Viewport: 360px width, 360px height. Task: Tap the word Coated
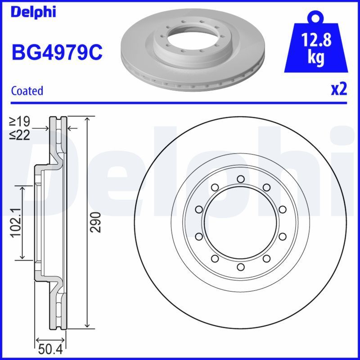27,90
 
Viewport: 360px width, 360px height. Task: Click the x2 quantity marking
339,89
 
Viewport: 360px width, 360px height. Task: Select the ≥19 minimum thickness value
20,121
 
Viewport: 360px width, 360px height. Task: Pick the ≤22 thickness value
20,135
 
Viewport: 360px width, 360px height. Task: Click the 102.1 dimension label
16,222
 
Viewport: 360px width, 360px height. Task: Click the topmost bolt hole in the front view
240,180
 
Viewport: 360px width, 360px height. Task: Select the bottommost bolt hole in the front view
240,267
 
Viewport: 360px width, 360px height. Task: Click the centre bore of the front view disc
240,223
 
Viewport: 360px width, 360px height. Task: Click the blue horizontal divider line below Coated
180,103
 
